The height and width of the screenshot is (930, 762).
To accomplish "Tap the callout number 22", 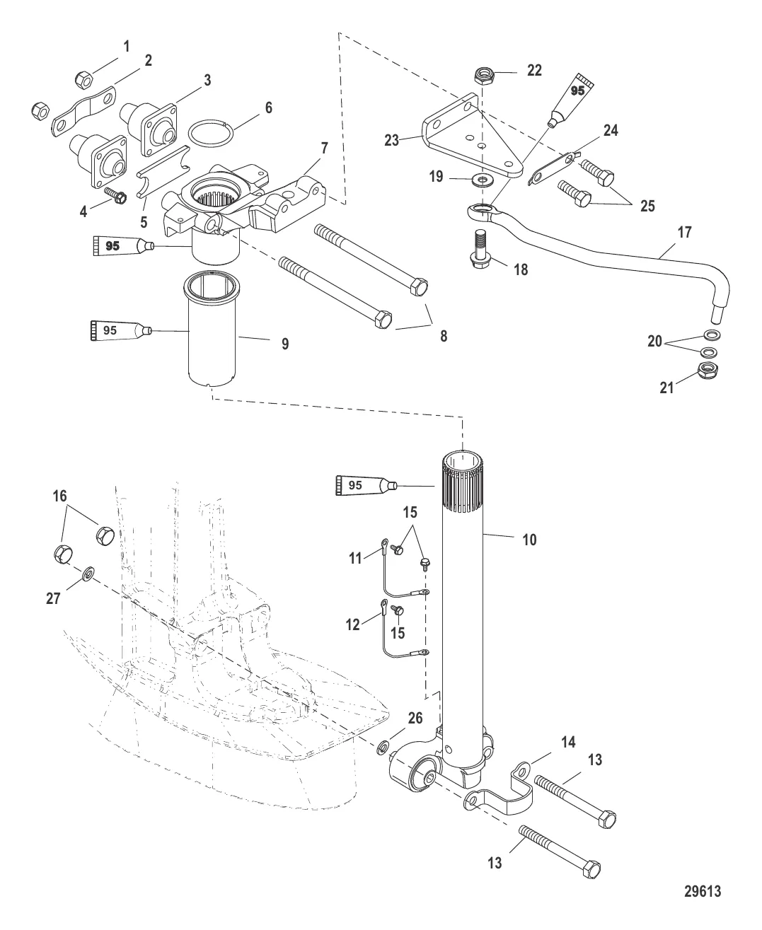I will (x=535, y=69).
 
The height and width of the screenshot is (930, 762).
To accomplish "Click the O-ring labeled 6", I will (x=210, y=132).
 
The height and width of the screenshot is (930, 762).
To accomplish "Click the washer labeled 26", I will (x=383, y=745).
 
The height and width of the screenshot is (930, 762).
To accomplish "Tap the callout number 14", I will (x=568, y=742).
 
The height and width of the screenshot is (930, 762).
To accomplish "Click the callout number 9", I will (x=285, y=344).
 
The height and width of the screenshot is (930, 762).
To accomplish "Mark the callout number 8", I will (x=444, y=336).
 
